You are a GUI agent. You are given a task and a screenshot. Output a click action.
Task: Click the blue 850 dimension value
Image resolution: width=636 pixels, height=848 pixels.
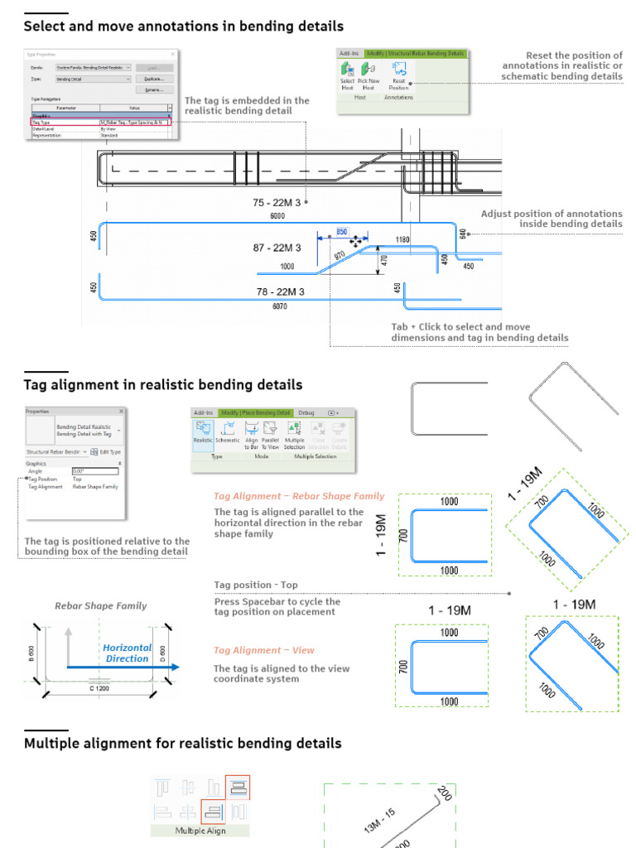341,233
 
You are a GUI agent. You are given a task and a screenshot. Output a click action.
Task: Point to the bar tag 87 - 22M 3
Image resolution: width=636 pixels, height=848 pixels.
277,248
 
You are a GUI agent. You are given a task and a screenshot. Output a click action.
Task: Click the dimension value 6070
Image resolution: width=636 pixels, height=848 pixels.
279,306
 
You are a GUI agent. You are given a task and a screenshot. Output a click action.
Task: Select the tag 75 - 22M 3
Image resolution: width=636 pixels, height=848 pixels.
277,202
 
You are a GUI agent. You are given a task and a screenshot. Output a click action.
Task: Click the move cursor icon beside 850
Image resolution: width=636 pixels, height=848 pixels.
356,241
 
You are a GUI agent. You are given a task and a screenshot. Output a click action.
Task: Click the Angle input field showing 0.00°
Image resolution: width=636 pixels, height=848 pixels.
95,471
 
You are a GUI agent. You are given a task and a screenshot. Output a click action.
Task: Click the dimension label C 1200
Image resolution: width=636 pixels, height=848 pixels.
99,687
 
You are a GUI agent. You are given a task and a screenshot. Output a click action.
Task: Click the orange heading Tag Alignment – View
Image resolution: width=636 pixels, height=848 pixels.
264,650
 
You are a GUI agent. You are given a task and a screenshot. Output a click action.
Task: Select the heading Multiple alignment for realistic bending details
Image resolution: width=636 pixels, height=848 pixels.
182,744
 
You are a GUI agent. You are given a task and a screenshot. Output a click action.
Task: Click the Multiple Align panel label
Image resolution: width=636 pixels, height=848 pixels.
200,830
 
